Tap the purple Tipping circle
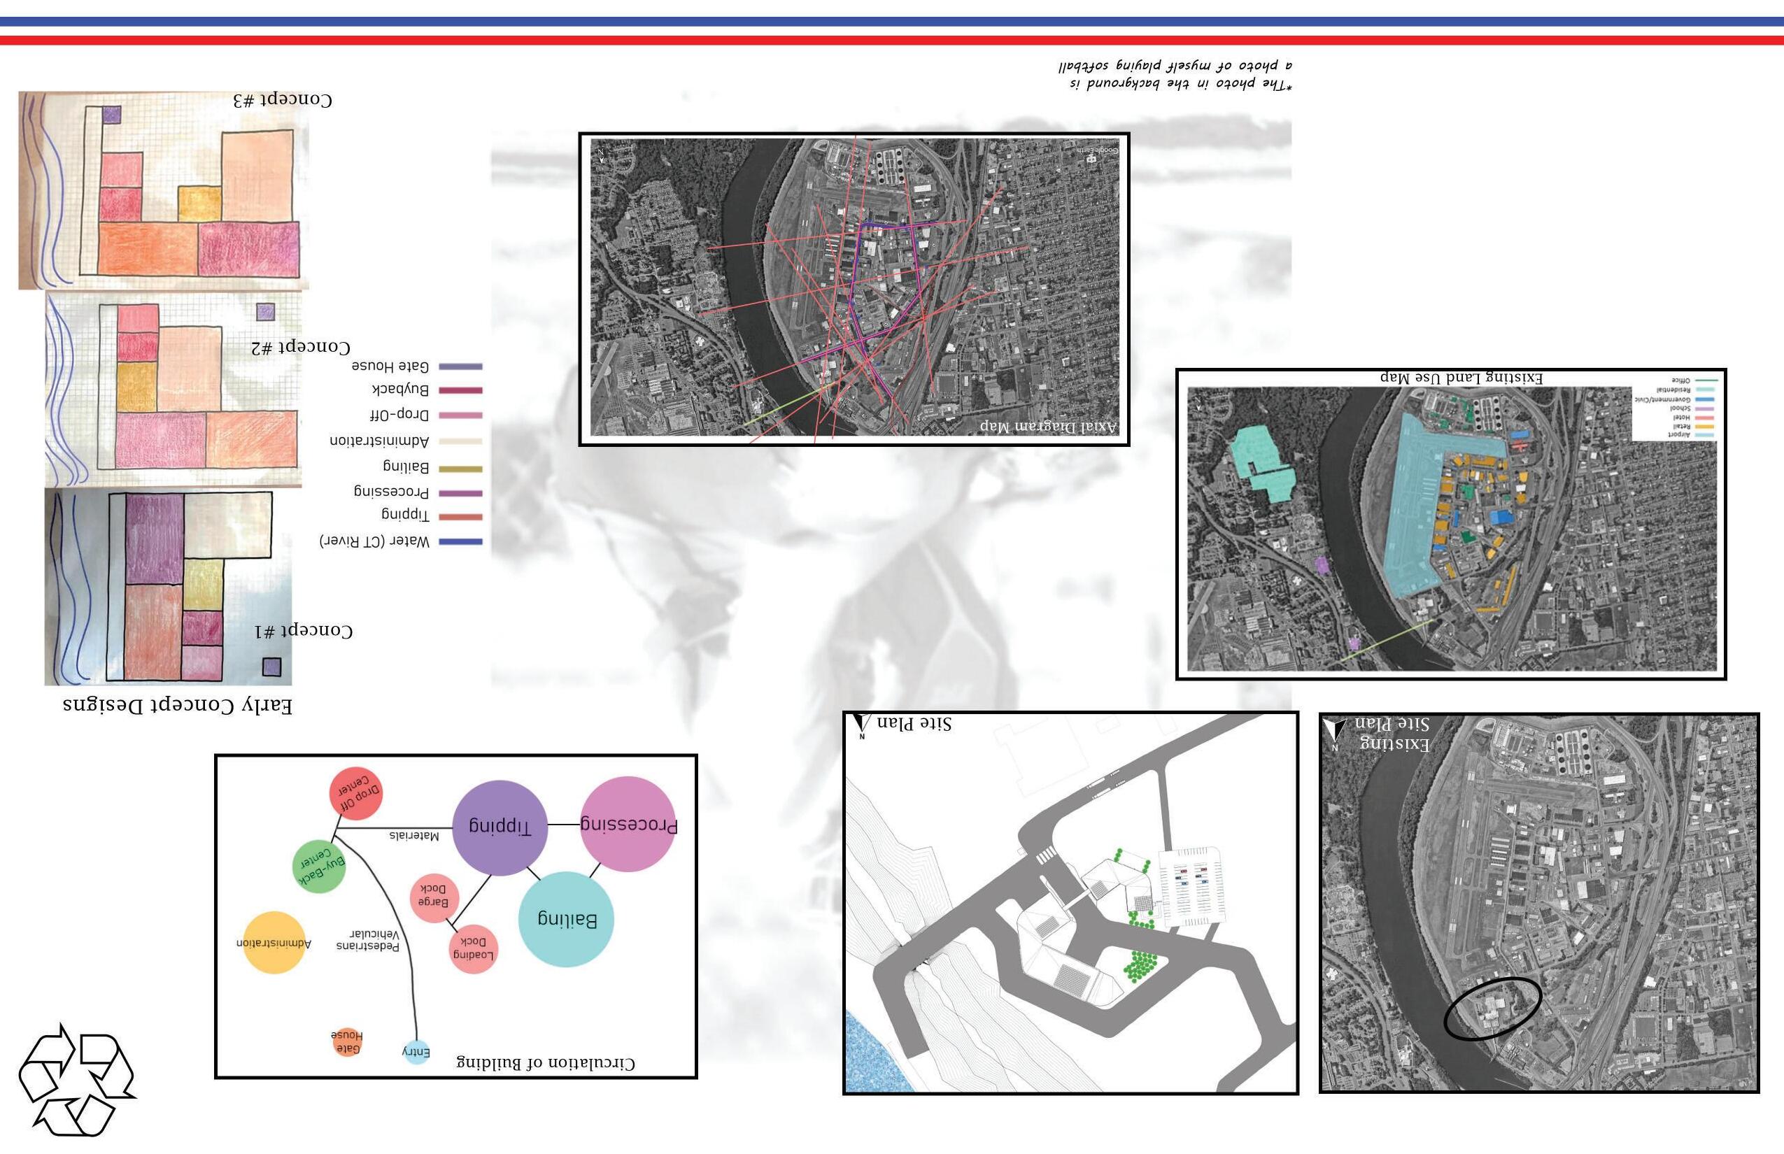coord(500,827)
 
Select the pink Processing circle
coord(628,825)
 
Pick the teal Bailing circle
coord(567,920)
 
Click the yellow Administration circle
coord(274,943)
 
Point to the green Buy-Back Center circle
coord(319,867)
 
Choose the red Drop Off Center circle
coord(357,795)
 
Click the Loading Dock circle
coord(473,948)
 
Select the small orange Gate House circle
coord(347,1041)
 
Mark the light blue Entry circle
coord(416,1052)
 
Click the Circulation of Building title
coord(545,1063)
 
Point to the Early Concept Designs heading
coord(178,705)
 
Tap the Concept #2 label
coord(301,348)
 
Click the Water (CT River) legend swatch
coord(460,542)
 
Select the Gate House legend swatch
coord(460,366)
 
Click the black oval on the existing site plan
coord(1492,1009)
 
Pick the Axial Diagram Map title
coord(1048,427)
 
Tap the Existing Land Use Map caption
coord(1461,378)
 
